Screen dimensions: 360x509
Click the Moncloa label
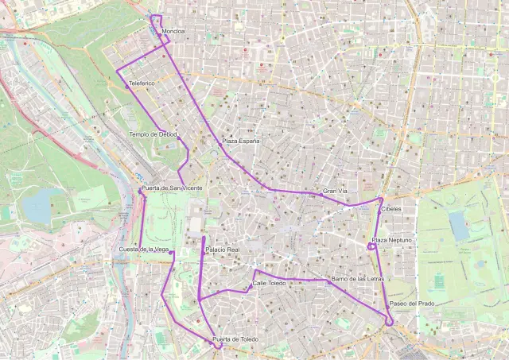tap(173, 32)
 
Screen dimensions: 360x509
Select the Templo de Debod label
tap(153, 134)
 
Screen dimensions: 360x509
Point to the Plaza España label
tap(240, 141)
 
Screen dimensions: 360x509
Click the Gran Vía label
tap(336, 192)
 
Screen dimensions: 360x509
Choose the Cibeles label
tap(390, 209)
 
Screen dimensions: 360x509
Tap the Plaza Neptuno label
tap(391, 240)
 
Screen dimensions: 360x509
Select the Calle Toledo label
tap(269, 283)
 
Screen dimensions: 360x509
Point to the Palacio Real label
tap(222, 250)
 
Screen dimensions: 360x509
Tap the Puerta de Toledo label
tap(235, 340)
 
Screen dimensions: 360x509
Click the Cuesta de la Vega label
tap(144, 250)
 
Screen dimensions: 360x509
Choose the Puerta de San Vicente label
tap(172, 188)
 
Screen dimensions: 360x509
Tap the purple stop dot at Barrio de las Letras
tap(328, 281)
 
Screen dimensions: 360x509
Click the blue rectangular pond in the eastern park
tap(460, 226)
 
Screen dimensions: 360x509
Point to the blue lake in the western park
tap(35, 206)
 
